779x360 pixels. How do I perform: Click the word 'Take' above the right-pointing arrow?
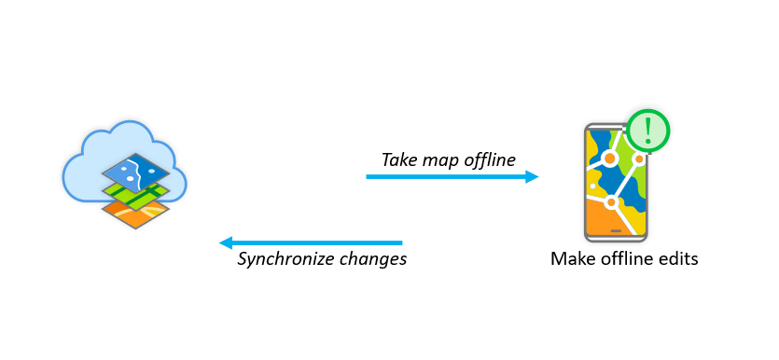pyautogui.click(x=398, y=159)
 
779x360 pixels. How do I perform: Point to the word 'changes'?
pyautogui.click(x=374, y=259)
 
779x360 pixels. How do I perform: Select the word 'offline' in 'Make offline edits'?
pyautogui.click(x=623, y=258)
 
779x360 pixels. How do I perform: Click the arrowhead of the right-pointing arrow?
pyautogui.click(x=532, y=176)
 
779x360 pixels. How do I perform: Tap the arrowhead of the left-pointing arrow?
pyautogui.click(x=226, y=243)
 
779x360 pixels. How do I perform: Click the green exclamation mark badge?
pyautogui.click(x=647, y=131)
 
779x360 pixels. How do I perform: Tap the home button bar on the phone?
pyautogui.click(x=614, y=229)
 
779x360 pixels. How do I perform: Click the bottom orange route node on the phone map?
pyautogui.click(x=612, y=202)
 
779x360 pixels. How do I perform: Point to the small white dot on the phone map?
pyautogui.click(x=591, y=186)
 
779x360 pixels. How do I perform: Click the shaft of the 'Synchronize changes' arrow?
pyautogui.click(x=317, y=243)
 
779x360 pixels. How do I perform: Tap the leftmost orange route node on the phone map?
pyautogui.click(x=609, y=159)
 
